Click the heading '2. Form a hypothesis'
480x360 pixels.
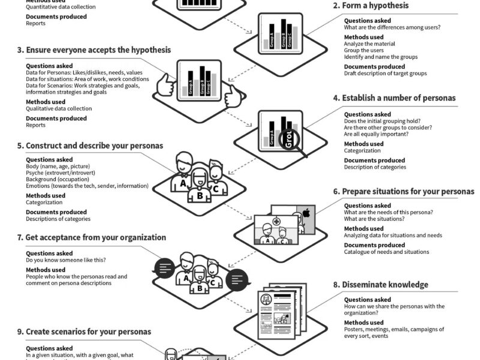point(371,6)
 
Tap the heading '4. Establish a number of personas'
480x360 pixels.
point(398,98)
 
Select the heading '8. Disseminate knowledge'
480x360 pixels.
point(385,284)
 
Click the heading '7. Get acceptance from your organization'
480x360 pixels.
point(91,238)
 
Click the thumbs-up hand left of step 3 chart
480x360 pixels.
point(165,86)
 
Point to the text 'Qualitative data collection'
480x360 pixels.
point(59,109)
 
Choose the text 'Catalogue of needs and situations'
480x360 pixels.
point(386,252)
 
